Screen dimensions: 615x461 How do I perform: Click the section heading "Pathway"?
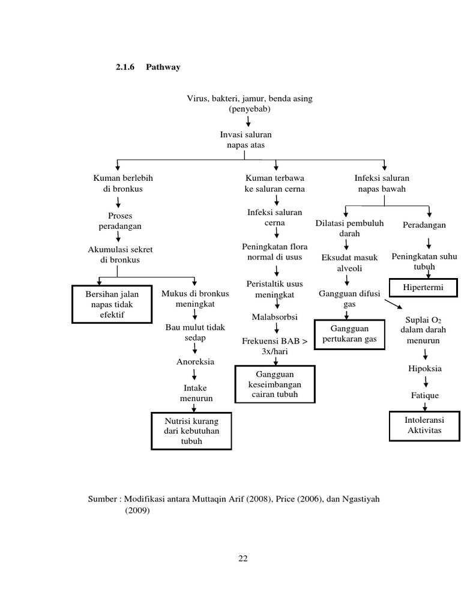(163, 67)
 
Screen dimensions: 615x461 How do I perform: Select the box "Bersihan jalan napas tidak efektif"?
(112, 304)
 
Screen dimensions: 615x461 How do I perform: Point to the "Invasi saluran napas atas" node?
(246, 141)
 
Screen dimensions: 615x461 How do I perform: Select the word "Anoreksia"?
(195, 362)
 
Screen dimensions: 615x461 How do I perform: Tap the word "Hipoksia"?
(425, 368)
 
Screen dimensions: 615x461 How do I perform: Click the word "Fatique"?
(425, 395)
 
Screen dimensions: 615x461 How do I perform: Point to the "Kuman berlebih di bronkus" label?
(118, 183)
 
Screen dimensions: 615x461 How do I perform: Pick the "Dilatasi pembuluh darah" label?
(349, 228)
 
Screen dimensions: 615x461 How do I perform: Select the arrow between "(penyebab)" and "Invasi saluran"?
(248, 122)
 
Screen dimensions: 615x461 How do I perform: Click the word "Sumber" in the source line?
(103, 499)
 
